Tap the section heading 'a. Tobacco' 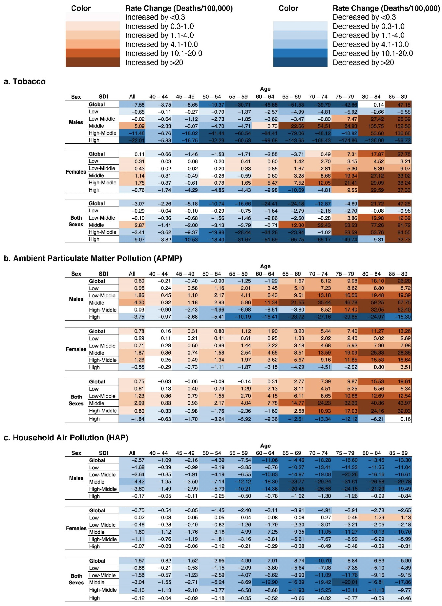(x=25, y=81)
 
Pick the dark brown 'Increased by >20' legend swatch (x=93, y=62)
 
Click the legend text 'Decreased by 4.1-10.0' (x=371, y=44)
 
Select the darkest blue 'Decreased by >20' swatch (x=300, y=62)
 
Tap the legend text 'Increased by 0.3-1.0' (x=159, y=26)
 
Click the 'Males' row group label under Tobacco (x=76, y=122)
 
